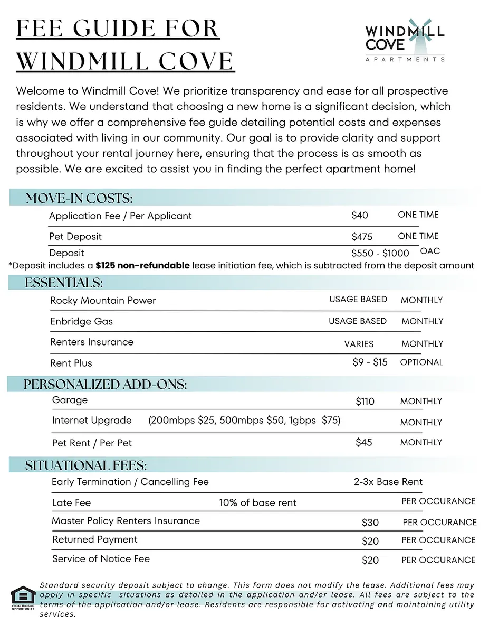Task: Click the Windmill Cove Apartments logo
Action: [405, 41]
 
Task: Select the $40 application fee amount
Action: [360, 215]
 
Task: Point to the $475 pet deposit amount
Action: [362, 237]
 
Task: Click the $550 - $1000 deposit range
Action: [380, 253]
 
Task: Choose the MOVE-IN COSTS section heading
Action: [79, 199]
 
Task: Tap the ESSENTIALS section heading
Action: [64, 283]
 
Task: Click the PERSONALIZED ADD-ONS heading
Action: [105, 385]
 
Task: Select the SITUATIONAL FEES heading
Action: [86, 465]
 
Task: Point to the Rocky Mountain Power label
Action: [103, 301]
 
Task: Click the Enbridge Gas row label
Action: [81, 321]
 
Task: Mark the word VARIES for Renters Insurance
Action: [359, 344]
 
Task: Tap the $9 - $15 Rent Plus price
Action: [370, 362]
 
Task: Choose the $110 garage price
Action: [365, 402]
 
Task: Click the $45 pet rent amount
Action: [363, 442]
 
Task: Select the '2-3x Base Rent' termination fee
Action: [388, 482]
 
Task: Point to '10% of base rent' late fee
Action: [257, 502]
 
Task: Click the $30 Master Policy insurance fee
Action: [370, 523]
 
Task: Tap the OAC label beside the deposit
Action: [430, 251]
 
